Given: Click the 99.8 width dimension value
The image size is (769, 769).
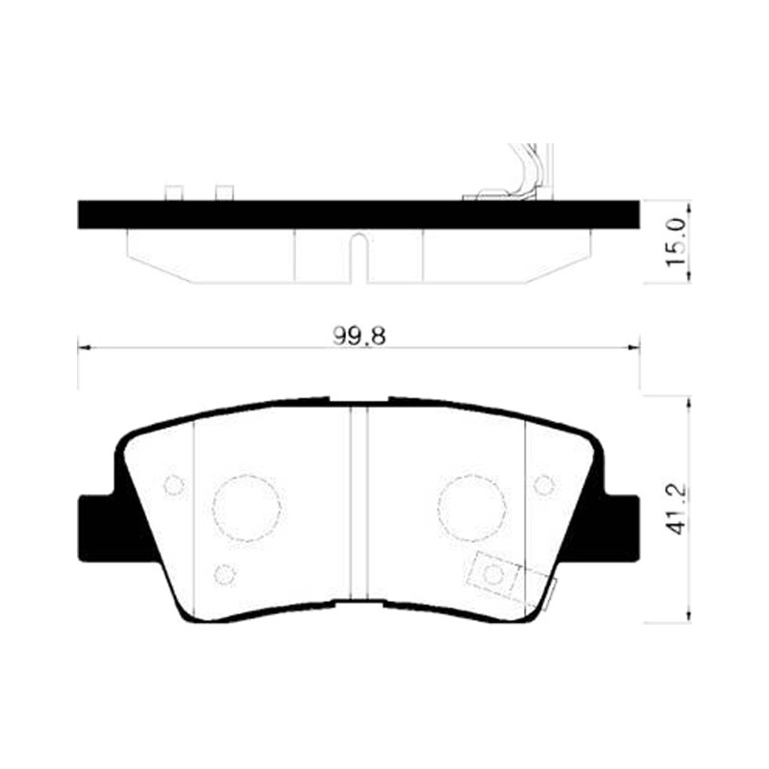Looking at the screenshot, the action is pos(359,335).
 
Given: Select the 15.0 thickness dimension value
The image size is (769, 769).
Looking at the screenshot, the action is pos(676,243).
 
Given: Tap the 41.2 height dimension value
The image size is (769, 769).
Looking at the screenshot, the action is pos(677,509).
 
